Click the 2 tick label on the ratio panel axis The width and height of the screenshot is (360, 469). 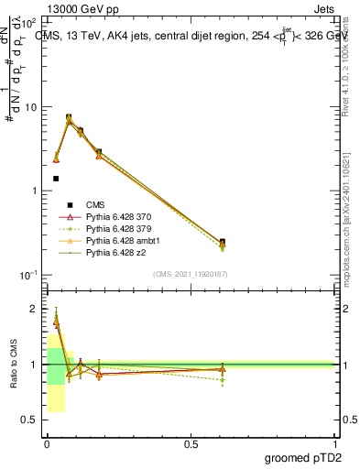(x=34, y=309)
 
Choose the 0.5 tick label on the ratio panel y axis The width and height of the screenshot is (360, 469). (x=30, y=420)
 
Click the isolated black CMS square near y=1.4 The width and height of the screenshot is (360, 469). (x=56, y=179)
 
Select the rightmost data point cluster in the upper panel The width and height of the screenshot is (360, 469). (x=223, y=244)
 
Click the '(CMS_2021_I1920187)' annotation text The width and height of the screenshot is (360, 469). (x=190, y=274)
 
